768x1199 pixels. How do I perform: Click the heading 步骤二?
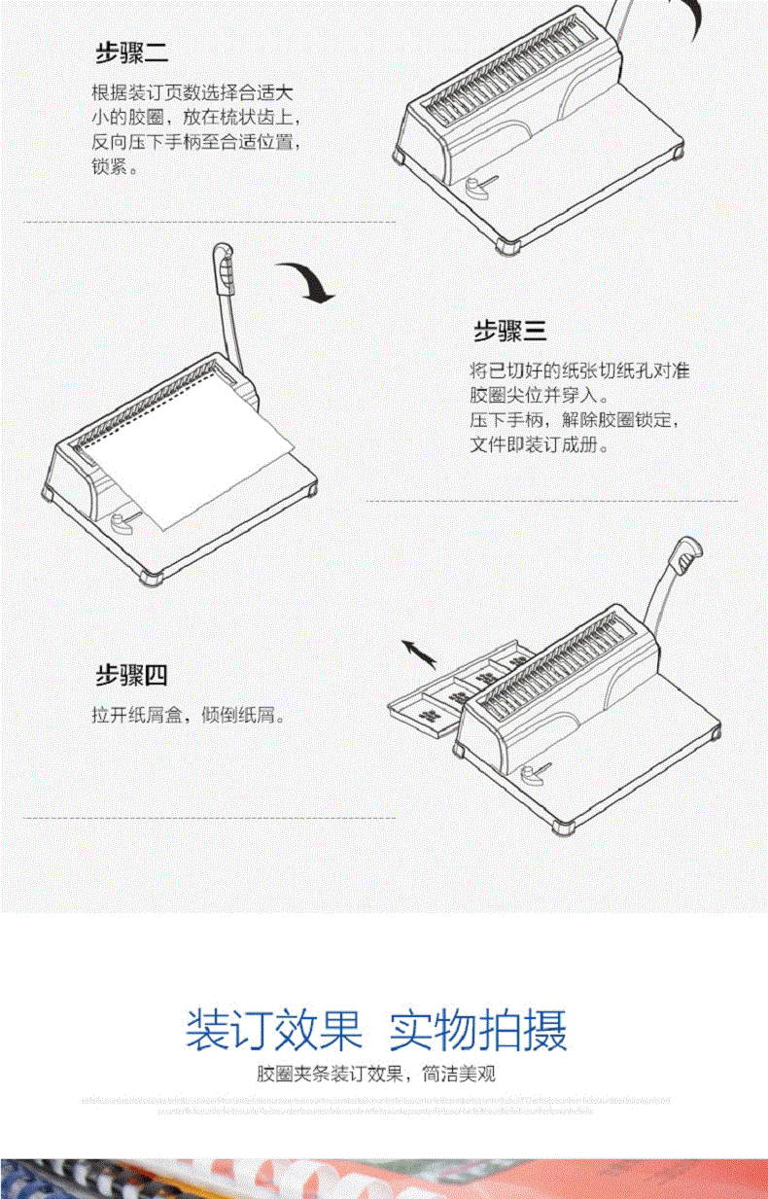130,53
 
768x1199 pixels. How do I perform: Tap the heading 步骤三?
509,332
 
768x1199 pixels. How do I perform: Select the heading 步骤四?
131,674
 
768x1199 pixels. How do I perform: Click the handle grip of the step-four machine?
687,558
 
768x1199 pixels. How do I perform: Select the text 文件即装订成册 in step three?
539,445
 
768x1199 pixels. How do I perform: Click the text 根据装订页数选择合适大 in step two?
192,94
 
